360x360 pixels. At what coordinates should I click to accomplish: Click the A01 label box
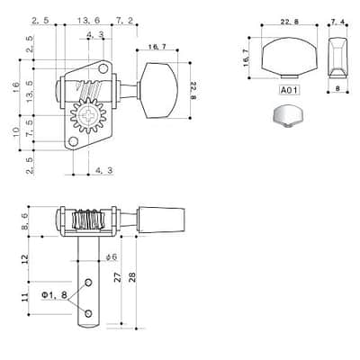click(290, 90)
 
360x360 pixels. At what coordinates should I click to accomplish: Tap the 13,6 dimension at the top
click(88, 20)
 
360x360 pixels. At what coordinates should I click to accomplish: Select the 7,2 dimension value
click(124, 20)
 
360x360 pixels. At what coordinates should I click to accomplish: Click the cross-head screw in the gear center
click(88, 115)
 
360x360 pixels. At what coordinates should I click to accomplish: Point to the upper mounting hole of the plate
click(103, 69)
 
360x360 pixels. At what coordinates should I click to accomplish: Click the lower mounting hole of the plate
click(73, 141)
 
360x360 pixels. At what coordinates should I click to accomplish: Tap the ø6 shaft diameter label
click(112, 257)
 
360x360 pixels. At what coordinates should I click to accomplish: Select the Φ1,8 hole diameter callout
click(54, 295)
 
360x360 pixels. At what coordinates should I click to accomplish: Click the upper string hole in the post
click(88, 283)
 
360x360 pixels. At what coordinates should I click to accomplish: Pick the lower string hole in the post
click(88, 313)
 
